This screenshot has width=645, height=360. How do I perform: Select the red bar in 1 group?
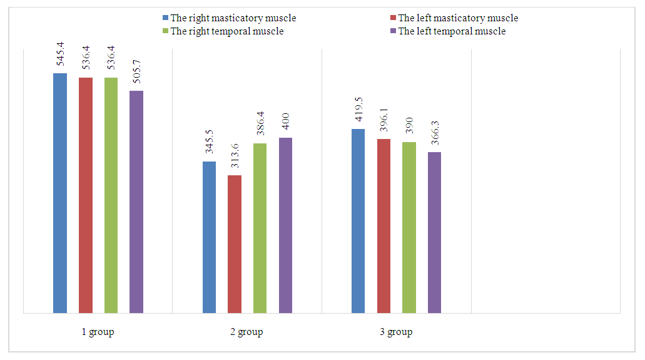coord(86,195)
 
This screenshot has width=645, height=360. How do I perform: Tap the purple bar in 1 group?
coord(136,202)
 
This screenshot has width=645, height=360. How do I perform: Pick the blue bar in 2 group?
coord(209,237)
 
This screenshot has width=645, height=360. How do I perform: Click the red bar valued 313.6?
coord(235,244)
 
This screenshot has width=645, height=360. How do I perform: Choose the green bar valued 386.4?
coord(260,228)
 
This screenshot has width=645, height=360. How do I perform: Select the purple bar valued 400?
coord(285,225)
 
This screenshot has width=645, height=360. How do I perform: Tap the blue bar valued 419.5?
coord(358,221)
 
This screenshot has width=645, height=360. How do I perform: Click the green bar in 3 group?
coord(409,227)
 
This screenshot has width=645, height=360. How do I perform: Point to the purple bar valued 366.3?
coord(434,232)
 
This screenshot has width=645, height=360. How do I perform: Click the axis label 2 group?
coord(246,332)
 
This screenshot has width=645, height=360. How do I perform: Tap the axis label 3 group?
coord(396,332)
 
